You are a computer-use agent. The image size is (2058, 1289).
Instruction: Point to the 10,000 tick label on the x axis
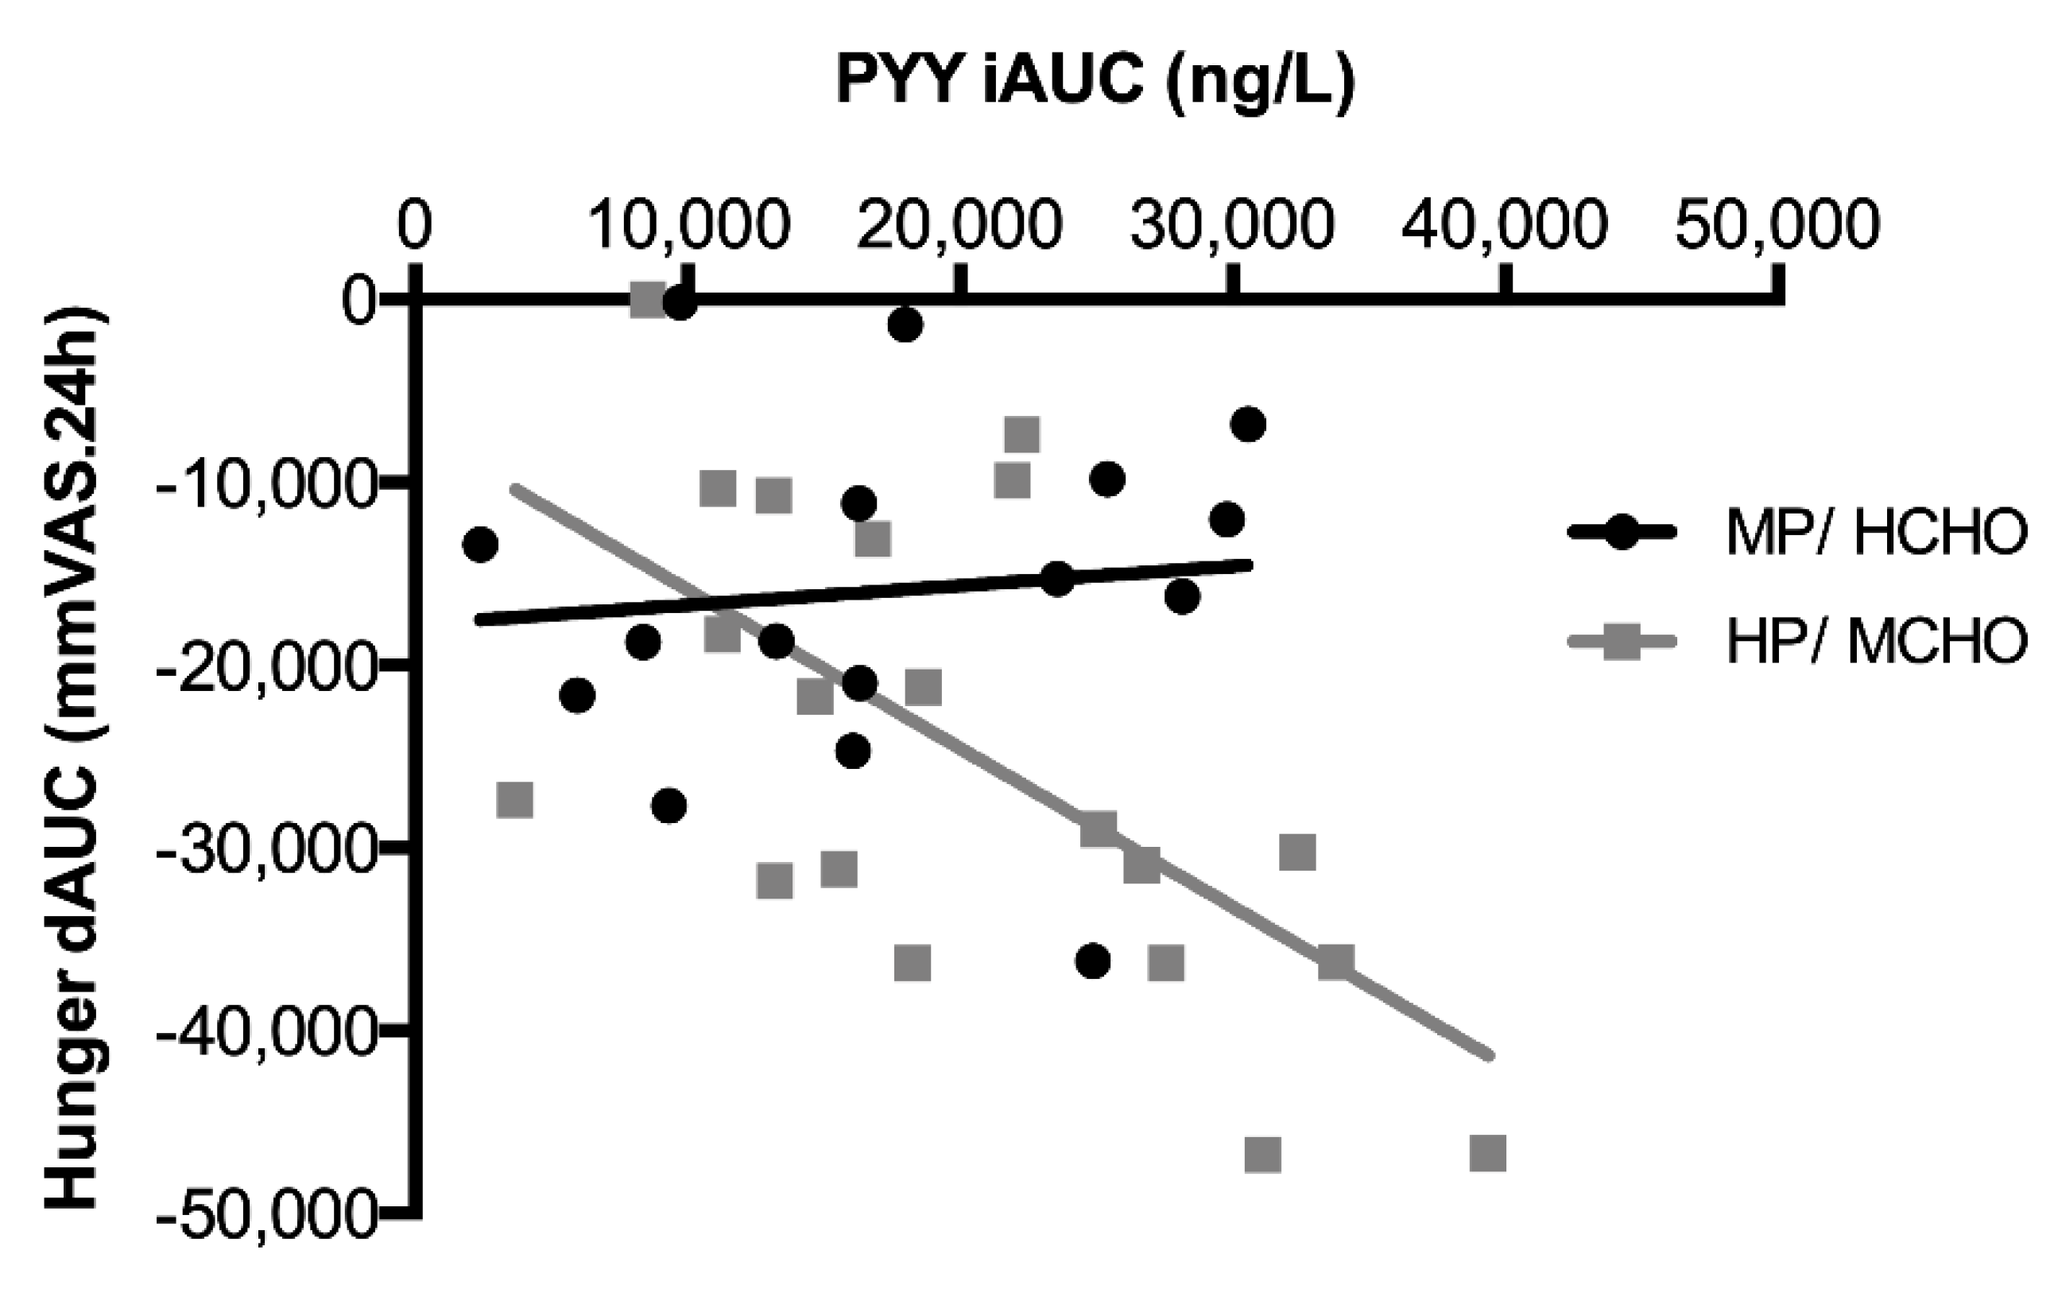click(x=688, y=225)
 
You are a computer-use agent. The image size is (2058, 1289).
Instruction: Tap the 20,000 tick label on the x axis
click(x=959, y=225)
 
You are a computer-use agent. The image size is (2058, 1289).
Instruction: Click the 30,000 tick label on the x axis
click(x=1232, y=225)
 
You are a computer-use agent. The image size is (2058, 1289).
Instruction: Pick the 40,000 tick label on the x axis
click(x=1505, y=225)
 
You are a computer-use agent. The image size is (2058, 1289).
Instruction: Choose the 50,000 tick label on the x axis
click(x=1777, y=225)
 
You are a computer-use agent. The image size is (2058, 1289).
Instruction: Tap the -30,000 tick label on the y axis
click(x=264, y=849)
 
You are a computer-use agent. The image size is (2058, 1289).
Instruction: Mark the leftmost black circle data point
click(x=480, y=544)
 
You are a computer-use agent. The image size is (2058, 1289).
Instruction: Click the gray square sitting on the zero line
click(x=648, y=300)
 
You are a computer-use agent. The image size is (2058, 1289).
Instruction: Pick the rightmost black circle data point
click(x=1250, y=424)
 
